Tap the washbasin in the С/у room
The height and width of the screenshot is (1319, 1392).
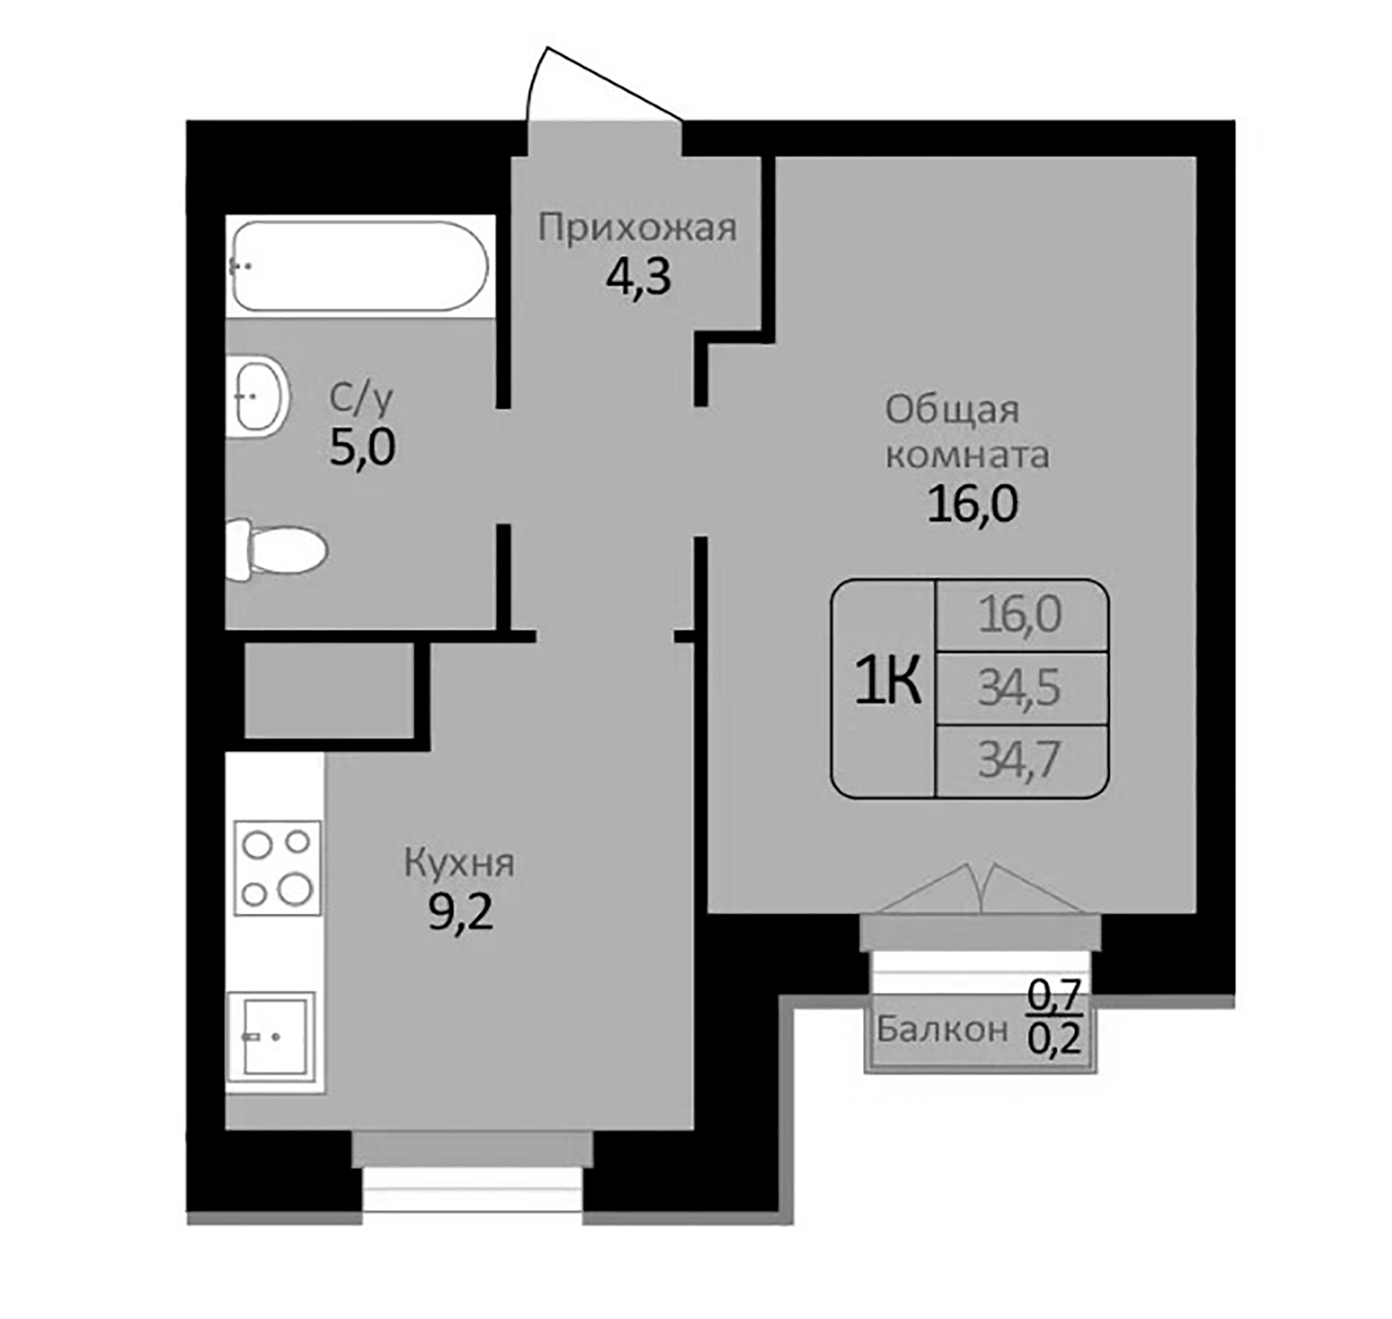tap(257, 396)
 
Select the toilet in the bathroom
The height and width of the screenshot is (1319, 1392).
tap(277, 550)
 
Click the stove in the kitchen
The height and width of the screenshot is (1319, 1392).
tap(277, 868)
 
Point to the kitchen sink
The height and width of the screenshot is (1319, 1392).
tap(271, 1036)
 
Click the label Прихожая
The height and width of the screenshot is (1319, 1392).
tap(637, 228)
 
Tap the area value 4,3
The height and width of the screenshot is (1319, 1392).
tap(637, 278)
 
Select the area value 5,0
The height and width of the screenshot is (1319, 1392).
tap(362, 447)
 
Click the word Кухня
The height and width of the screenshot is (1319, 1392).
tap(459, 863)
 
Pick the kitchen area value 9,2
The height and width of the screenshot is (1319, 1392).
tap(460, 913)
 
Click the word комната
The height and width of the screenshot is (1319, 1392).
tap(967, 455)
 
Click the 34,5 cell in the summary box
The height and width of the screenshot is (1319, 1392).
tap(1020, 688)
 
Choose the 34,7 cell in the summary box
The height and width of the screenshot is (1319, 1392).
tap(1020, 760)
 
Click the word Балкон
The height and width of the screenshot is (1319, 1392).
tap(942, 1030)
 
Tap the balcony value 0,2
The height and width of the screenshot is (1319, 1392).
tap(1054, 1038)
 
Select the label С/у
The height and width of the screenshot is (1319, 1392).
tap(360, 398)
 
